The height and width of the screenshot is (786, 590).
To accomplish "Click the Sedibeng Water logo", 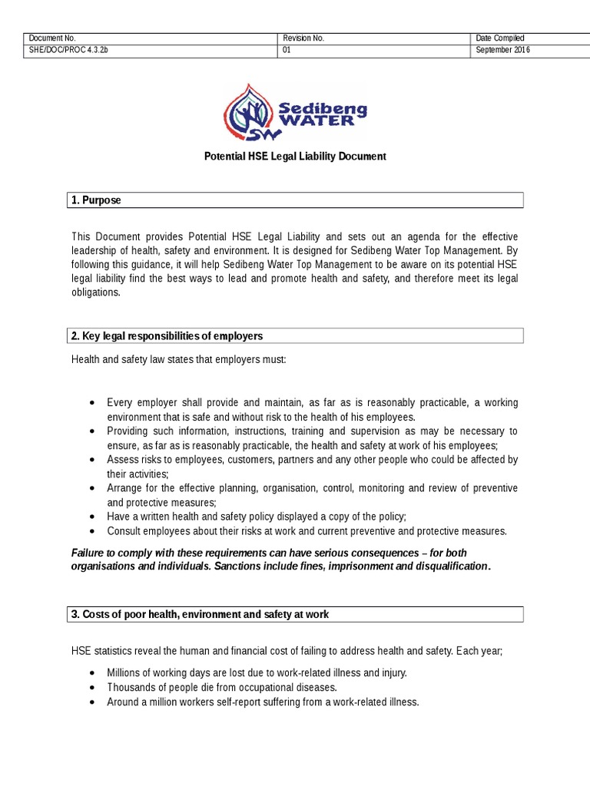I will point(294,113).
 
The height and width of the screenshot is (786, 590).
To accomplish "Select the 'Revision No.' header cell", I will point(303,38).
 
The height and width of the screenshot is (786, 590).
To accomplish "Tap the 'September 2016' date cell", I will point(503,51).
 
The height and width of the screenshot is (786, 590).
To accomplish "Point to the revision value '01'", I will point(287,51).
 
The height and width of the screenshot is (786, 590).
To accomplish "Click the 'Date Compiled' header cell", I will point(500,38).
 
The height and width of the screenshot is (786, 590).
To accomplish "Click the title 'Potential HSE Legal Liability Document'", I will point(294,156).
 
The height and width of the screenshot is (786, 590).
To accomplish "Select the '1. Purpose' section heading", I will point(96,200).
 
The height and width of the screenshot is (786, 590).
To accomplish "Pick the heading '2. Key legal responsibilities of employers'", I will point(167,336).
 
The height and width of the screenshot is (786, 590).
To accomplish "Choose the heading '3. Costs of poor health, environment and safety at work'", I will point(201,614).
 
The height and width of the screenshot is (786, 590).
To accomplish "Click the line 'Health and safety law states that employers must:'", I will point(178,359).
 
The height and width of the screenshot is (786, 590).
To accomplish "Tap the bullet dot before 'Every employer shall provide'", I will point(92,403).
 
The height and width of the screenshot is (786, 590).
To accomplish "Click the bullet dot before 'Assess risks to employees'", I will point(92,460).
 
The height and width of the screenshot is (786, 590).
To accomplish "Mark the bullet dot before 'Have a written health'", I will point(92,517).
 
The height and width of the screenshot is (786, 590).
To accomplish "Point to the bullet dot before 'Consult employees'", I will point(92,531).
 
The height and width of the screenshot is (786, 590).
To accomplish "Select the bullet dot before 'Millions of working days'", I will point(92,673).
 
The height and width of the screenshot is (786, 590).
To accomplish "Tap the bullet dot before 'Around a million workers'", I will point(92,702).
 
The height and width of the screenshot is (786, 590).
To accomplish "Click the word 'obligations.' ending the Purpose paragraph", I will point(96,292).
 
